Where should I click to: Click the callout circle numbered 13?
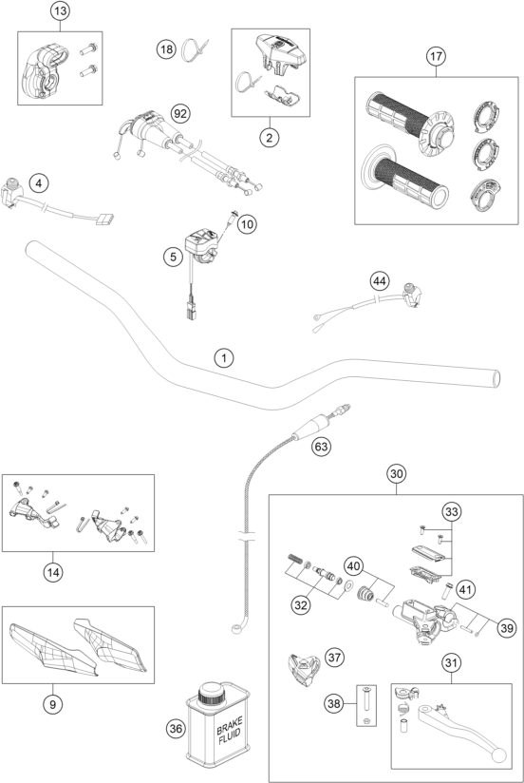click(x=60, y=11)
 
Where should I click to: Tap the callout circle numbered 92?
click(x=180, y=114)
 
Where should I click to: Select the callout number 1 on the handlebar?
click(x=224, y=357)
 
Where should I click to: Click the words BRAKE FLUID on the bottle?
click(x=229, y=730)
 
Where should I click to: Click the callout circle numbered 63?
click(x=321, y=446)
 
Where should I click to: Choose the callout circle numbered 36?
click(x=176, y=729)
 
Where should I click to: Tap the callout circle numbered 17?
click(x=436, y=56)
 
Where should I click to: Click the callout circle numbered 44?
click(x=380, y=281)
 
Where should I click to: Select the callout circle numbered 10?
click(x=247, y=224)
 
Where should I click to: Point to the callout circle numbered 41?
click(x=465, y=590)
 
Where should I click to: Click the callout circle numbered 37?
click(x=334, y=658)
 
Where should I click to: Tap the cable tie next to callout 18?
click(x=194, y=50)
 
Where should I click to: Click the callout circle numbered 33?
click(x=451, y=512)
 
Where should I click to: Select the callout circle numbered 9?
click(x=52, y=704)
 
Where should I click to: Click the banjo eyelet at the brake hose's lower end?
click(x=237, y=628)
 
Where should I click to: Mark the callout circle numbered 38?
click(x=334, y=703)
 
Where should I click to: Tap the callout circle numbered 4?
click(x=39, y=183)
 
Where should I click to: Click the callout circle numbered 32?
click(x=300, y=605)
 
